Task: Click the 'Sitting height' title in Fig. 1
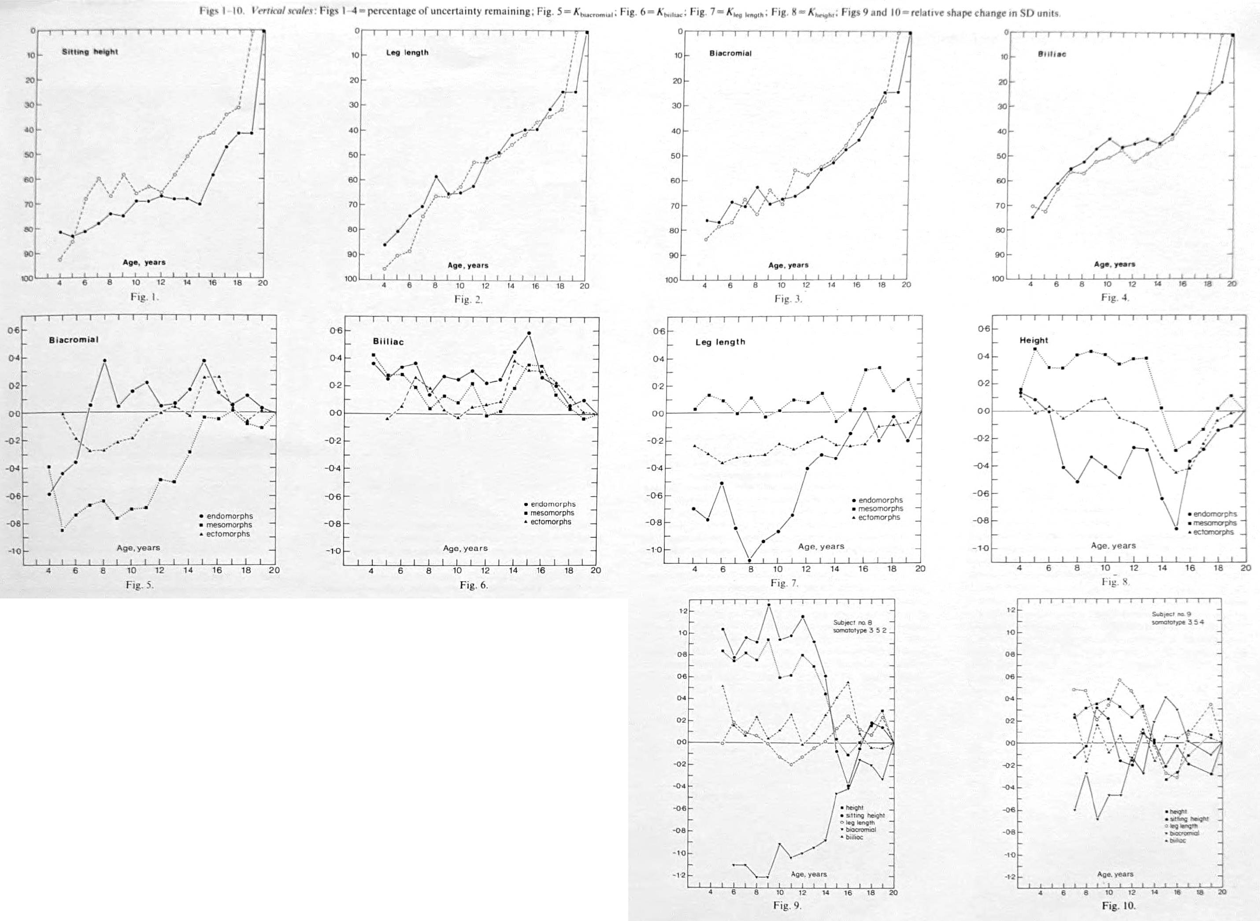pos(90,52)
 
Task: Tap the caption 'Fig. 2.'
pos(468,299)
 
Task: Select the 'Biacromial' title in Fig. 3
pos(730,53)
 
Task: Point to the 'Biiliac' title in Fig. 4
pos(1052,54)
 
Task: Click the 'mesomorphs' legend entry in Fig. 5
pos(229,524)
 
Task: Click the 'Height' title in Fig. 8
pos(1034,340)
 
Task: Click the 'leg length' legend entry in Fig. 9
pos(861,822)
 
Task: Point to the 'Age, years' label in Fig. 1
pos(144,262)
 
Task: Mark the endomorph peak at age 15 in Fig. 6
pos(528,334)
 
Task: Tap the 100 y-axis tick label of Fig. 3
pos(671,279)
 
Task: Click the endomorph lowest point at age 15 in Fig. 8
pos(1176,528)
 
